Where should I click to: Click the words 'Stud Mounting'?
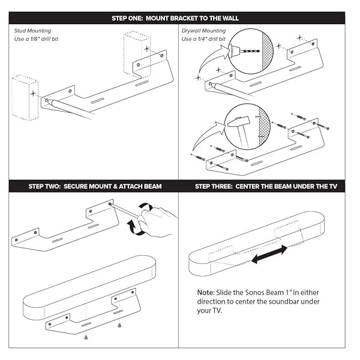(x=32, y=30)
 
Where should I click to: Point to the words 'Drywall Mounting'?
(x=204, y=30)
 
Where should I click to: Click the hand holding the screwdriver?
(x=159, y=221)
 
